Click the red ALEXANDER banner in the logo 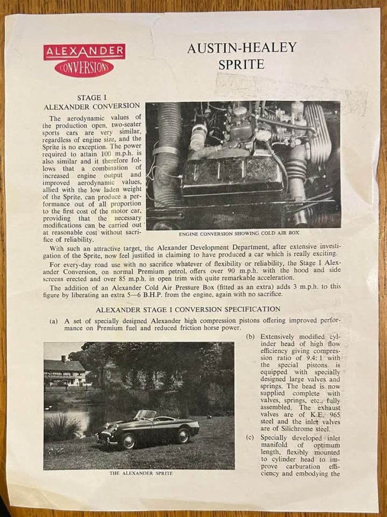(x=84, y=52)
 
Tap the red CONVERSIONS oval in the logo (x=84, y=69)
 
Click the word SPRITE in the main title (x=241, y=65)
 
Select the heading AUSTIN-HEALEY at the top (x=241, y=48)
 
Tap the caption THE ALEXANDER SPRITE (x=141, y=474)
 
